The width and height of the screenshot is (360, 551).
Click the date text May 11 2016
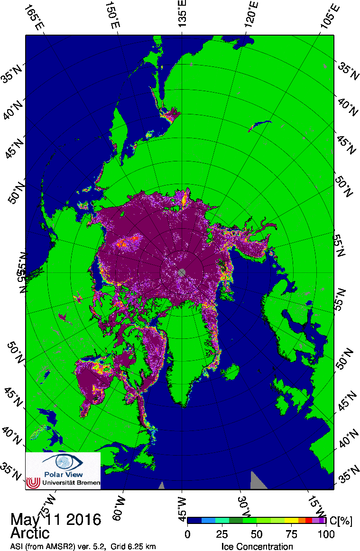(55, 519)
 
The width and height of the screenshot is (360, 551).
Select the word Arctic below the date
(29, 532)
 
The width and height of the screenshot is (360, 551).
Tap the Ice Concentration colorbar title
(257, 546)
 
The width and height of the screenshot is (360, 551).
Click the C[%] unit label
(341, 521)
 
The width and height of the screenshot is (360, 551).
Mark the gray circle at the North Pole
(182, 272)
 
